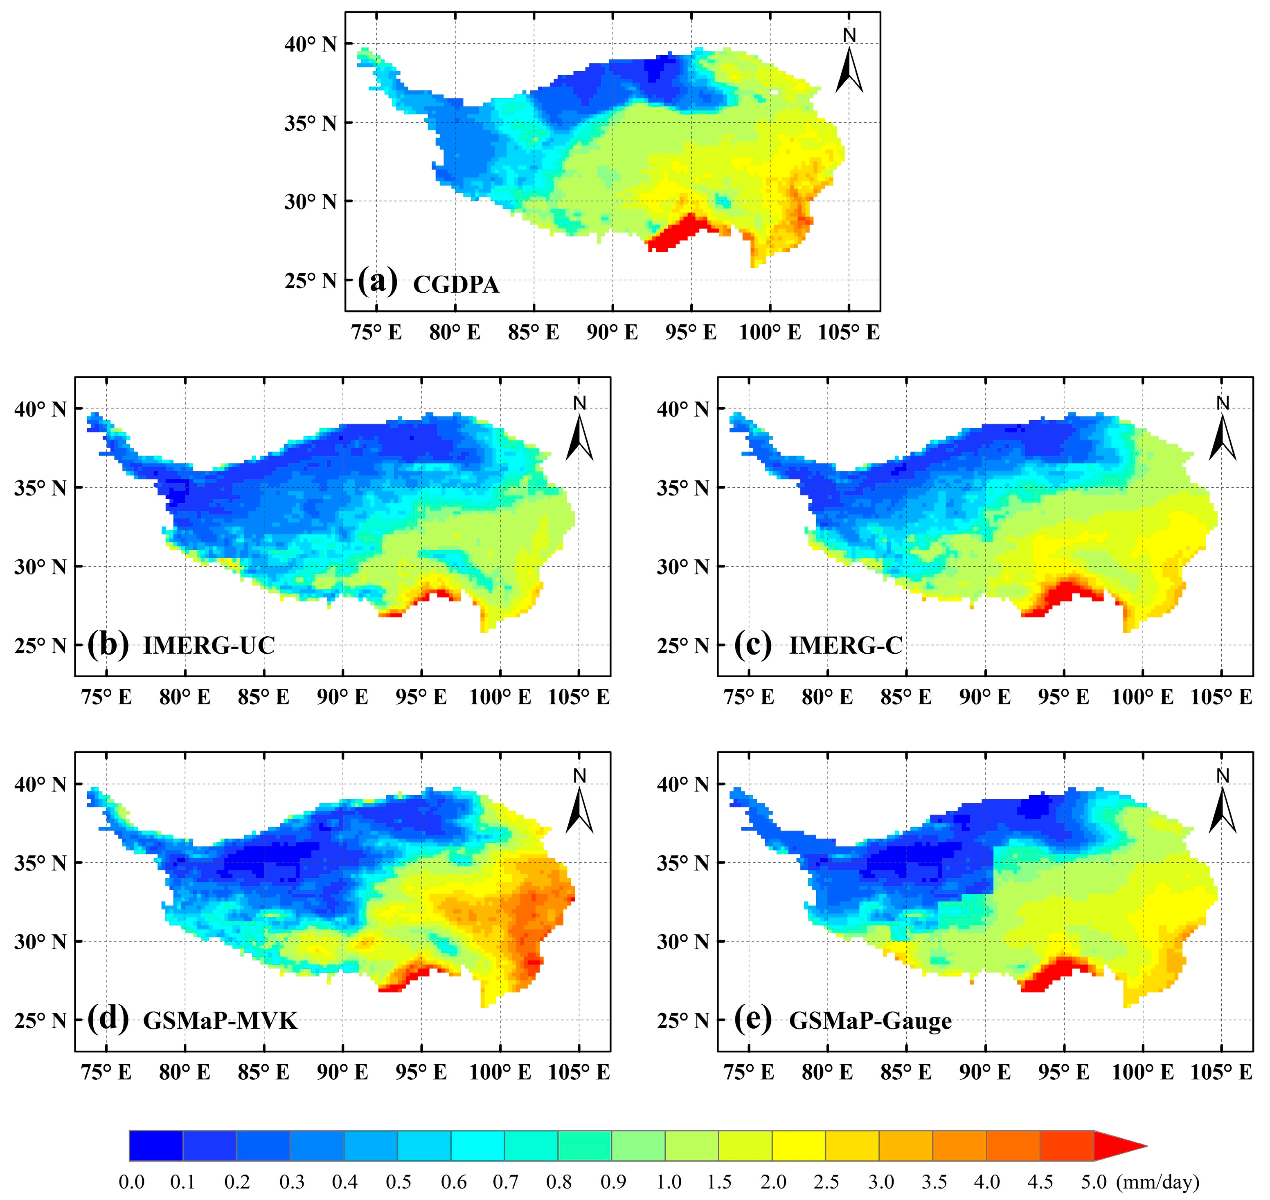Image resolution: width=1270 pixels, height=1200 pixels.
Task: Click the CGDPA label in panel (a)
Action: pos(456,285)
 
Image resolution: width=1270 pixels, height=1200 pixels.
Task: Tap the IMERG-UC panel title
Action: pos(209,646)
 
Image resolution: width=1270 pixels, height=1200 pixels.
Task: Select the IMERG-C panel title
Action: pos(846,646)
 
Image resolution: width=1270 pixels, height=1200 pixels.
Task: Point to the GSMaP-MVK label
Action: pos(220,1020)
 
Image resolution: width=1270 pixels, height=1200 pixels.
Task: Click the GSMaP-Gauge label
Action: pos(870,1020)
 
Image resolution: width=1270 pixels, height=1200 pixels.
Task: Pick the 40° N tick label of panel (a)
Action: pos(311,44)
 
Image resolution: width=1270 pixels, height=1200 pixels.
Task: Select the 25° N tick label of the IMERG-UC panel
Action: pos(40,646)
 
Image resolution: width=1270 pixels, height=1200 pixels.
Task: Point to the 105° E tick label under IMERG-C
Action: pos(1221,697)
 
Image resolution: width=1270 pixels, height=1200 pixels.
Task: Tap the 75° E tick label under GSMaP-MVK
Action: pos(106,1072)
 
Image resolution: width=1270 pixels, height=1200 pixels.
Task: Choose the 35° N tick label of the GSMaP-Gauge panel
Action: pos(683,863)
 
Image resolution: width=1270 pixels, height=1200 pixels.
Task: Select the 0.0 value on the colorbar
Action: pos(131,1182)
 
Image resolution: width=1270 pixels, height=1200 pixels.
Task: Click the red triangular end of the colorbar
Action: pos(1117,1146)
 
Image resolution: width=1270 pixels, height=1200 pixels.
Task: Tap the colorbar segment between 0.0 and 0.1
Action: pos(156,1146)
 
